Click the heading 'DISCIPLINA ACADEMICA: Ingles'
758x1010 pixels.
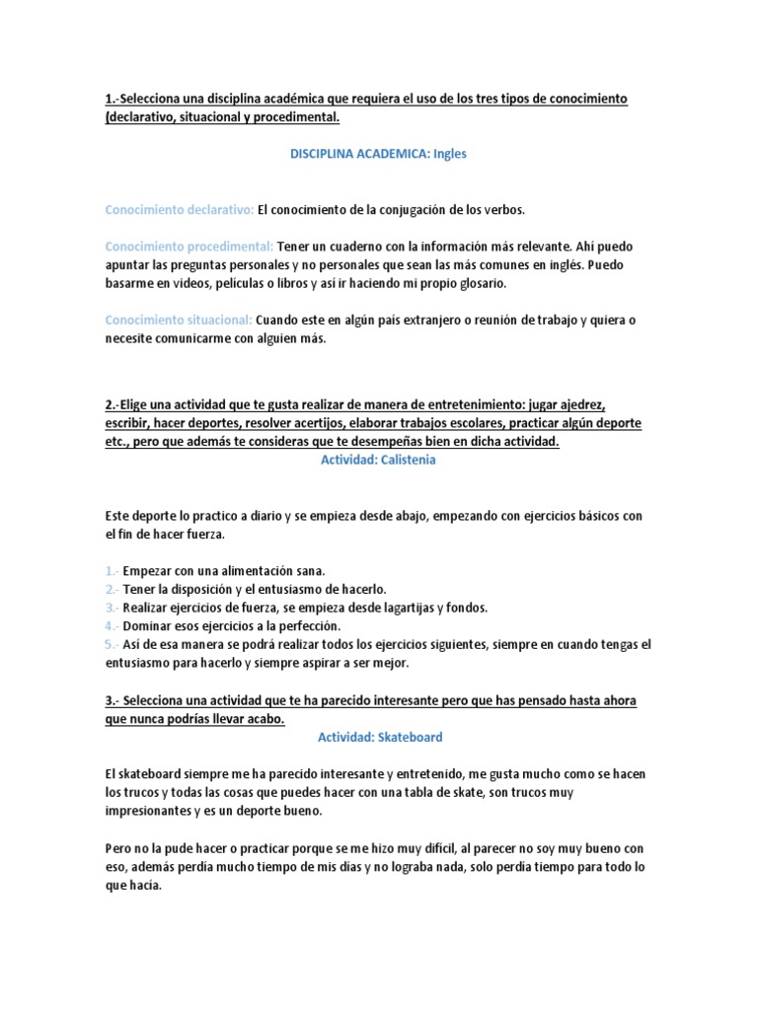(x=378, y=154)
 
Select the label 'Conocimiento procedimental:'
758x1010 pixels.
(x=189, y=246)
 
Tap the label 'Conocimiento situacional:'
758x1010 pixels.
(x=178, y=320)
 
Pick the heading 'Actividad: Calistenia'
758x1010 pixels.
(x=378, y=459)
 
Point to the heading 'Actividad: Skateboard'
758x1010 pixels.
(x=379, y=737)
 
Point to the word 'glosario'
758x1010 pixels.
(x=480, y=283)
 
